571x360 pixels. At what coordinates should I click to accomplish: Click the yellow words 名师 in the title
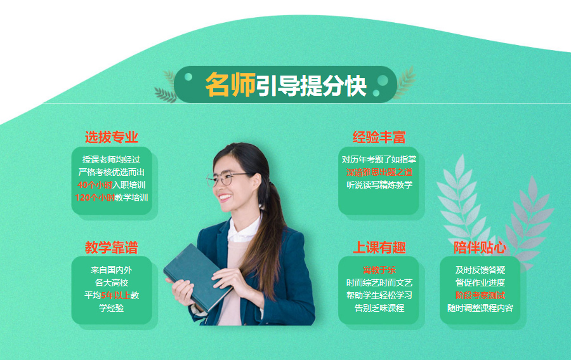pyautogui.click(x=230, y=85)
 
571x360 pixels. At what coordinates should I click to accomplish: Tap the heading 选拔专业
pyautogui.click(x=112, y=137)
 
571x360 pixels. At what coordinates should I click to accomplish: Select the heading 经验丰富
pyautogui.click(x=379, y=137)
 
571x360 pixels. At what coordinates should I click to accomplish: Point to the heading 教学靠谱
pyautogui.click(x=112, y=247)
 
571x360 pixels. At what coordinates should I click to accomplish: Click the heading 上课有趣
pyautogui.click(x=379, y=247)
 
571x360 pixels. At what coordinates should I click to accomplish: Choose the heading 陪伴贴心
pyautogui.click(x=480, y=247)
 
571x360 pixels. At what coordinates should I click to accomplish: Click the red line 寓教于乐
pyautogui.click(x=379, y=270)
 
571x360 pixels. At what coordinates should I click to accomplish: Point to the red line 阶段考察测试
pyautogui.click(x=480, y=295)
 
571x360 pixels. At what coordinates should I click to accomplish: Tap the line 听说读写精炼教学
pyautogui.click(x=379, y=185)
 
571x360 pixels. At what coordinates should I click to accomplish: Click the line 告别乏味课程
pyautogui.click(x=379, y=308)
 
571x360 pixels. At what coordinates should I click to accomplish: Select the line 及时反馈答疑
pyautogui.click(x=480, y=270)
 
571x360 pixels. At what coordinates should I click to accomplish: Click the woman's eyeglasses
pyautogui.click(x=227, y=178)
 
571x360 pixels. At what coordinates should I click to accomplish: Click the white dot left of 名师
pyautogui.click(x=188, y=78)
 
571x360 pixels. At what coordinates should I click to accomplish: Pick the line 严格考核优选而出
pyautogui.click(x=112, y=172)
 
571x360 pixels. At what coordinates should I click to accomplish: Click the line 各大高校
pyautogui.click(x=112, y=283)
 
